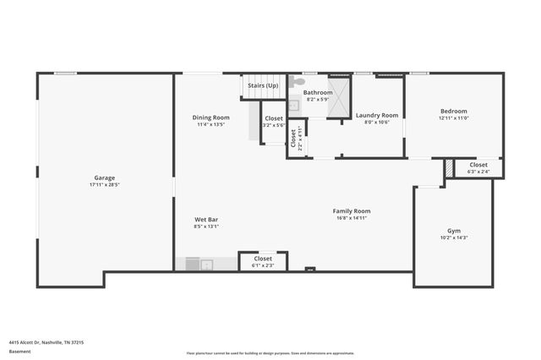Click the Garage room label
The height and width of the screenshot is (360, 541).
click(105, 177)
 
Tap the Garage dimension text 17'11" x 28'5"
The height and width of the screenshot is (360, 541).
click(105, 184)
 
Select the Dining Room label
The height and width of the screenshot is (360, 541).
click(210, 117)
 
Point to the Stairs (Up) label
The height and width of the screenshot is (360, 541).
click(262, 85)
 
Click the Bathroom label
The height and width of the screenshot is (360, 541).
click(318, 92)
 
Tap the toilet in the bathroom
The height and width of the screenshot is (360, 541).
click(292, 84)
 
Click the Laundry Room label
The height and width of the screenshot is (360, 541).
click(376, 115)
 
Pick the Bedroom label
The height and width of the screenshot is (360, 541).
click(454, 111)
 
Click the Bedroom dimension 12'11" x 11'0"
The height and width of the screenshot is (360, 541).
click(454, 117)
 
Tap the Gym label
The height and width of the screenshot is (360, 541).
click(454, 230)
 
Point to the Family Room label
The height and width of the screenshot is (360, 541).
click(352, 210)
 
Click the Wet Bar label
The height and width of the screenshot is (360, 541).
click(207, 219)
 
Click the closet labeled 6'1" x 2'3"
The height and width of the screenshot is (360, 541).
click(263, 261)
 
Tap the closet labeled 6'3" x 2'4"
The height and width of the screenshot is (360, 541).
click(478, 167)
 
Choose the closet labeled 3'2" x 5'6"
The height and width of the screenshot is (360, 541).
click(274, 121)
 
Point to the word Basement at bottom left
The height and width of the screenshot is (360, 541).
click(19, 352)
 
